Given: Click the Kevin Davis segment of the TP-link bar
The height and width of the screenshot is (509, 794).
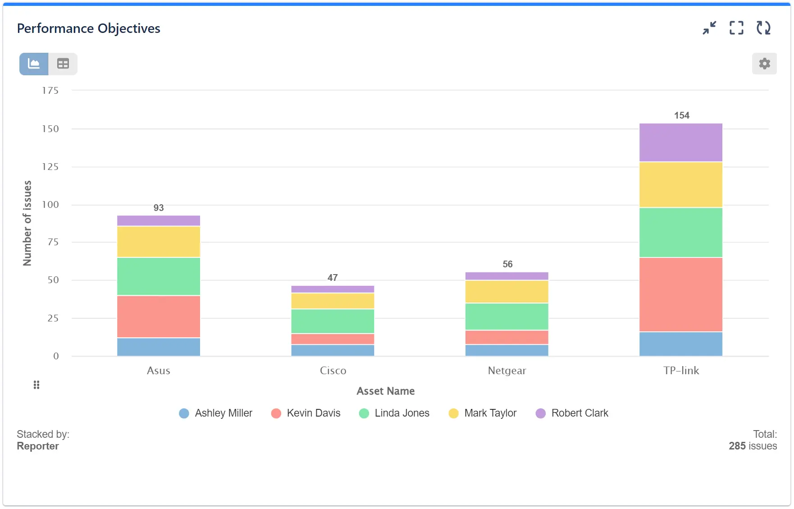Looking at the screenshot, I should (680, 294).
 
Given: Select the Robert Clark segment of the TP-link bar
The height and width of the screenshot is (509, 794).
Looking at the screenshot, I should (680, 142).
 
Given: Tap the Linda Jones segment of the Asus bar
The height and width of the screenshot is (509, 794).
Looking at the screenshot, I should (159, 276).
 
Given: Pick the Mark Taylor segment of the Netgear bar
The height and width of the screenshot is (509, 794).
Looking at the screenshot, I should (507, 292).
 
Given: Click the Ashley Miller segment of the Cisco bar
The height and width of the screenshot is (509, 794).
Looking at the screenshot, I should (333, 350).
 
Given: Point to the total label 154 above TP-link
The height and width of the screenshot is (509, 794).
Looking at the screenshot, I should (681, 115).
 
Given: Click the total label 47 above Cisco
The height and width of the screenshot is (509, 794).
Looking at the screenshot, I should (333, 278).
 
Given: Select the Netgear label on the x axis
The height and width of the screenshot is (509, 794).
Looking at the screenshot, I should (507, 371).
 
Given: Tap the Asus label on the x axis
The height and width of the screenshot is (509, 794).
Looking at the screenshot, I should (159, 371).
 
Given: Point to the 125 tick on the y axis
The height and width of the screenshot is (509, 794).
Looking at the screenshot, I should (50, 167).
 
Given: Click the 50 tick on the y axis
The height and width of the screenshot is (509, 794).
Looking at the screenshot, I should (53, 280).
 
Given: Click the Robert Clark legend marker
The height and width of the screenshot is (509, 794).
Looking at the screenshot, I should (541, 413).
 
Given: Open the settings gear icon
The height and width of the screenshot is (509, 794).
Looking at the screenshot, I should (764, 64).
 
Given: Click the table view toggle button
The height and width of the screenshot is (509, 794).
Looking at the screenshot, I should (63, 64).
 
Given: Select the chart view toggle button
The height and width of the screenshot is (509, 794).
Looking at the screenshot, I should (34, 64).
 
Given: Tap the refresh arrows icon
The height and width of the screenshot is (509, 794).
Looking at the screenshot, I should (763, 28).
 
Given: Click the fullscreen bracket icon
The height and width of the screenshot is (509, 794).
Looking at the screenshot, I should (736, 28).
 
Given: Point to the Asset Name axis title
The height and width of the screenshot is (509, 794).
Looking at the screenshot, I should (385, 391).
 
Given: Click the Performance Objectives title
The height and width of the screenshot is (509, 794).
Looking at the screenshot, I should (88, 28).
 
